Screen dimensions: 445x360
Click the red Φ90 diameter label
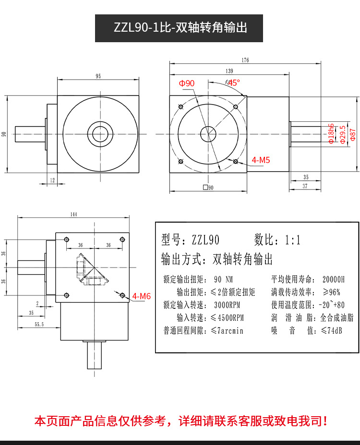(187, 83)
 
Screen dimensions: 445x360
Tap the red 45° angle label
(233, 82)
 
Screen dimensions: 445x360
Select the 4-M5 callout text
(261, 160)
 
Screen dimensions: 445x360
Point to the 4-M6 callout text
(142, 296)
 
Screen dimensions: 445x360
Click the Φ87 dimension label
(353, 133)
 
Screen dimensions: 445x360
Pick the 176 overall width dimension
(245, 60)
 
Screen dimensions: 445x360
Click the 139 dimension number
(229, 71)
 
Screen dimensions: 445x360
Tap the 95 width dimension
(98, 76)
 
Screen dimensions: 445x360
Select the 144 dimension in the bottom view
(73, 215)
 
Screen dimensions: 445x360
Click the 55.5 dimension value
(39, 325)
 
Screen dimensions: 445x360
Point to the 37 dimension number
(306, 187)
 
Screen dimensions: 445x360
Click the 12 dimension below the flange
(52, 180)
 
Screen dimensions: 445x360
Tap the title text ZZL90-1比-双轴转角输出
(180, 28)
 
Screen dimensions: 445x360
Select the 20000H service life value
(334, 279)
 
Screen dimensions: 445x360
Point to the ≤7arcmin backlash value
(227, 330)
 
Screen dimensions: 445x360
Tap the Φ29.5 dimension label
(342, 134)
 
